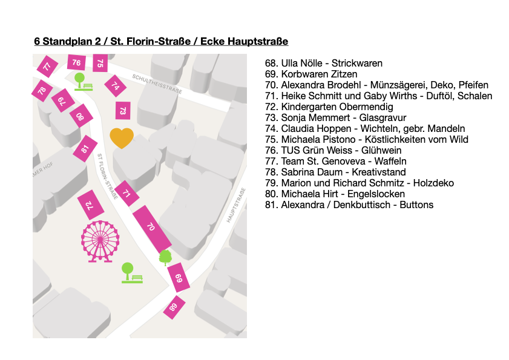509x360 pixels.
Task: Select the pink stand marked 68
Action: point(174,307)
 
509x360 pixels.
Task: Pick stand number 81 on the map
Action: point(85,149)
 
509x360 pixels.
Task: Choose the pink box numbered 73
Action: point(123,111)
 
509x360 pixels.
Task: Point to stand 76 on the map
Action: point(76,62)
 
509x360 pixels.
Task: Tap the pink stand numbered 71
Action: point(126,194)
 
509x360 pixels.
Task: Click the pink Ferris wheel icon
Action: point(100,241)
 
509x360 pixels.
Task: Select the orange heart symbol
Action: point(121,137)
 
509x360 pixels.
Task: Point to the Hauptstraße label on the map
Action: point(237,206)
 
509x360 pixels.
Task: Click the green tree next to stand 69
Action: point(165,258)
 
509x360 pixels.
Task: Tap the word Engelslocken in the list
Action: point(376,194)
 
